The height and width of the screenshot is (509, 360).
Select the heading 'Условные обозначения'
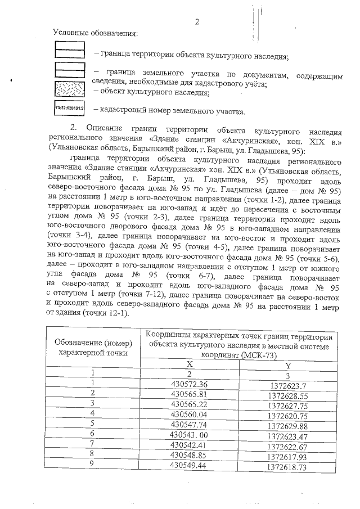click(x=95, y=34)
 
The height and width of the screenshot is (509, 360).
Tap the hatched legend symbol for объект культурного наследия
click(x=68, y=90)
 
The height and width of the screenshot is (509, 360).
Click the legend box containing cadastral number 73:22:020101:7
click(x=68, y=107)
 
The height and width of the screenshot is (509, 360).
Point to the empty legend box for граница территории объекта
click(x=68, y=50)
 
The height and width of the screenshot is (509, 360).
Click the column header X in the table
click(x=190, y=364)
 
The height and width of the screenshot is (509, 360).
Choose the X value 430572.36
click(x=190, y=384)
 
